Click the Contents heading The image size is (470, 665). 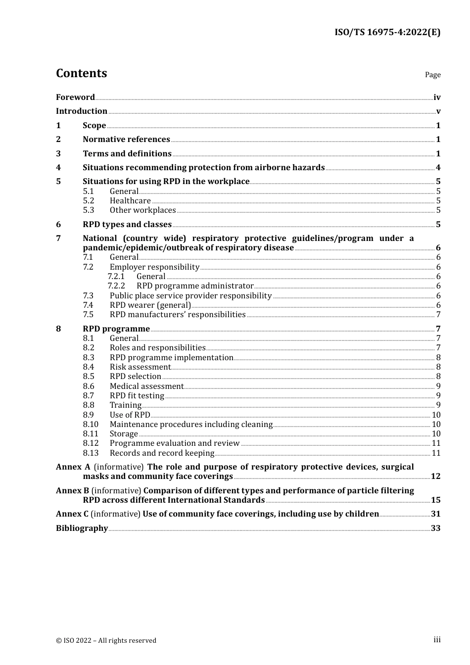[81, 73]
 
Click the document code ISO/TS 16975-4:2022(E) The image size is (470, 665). [387, 33]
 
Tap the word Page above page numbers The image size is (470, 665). [432, 75]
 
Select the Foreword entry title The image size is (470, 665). [75, 97]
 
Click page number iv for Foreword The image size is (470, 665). [437, 97]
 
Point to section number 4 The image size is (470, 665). [58, 168]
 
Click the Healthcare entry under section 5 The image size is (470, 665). [130, 201]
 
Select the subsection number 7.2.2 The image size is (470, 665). [116, 286]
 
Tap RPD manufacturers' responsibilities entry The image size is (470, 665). [178, 315]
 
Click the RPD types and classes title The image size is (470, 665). [127, 225]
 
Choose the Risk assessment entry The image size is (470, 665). [140, 367]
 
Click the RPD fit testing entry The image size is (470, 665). [137, 396]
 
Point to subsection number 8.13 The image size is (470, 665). [91, 453]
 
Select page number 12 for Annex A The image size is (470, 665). [435, 476]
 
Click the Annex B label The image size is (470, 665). [72, 491]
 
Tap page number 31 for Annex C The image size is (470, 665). [435, 514]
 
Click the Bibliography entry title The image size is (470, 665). [82, 528]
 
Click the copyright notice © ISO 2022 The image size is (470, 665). [106, 640]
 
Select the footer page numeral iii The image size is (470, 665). [437, 640]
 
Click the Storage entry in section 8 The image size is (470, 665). [124, 434]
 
